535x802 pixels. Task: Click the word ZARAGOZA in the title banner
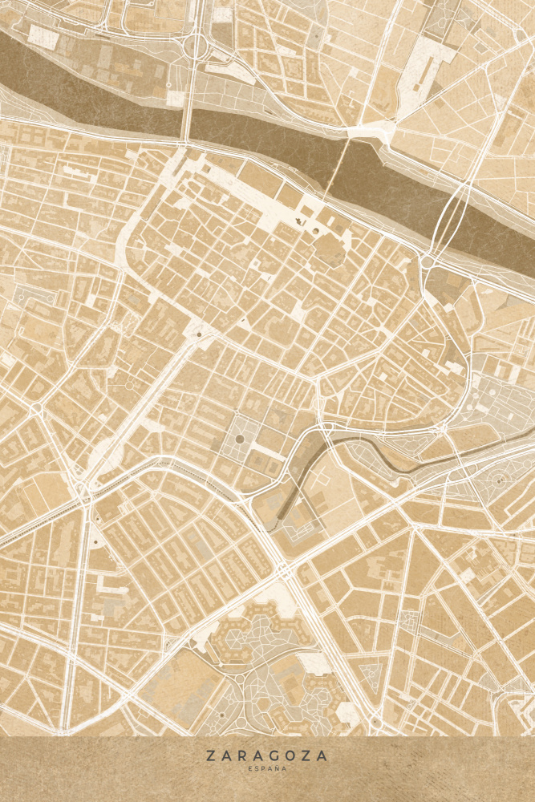266,755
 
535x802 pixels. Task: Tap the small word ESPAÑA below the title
266,768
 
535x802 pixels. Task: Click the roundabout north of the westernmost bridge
195,47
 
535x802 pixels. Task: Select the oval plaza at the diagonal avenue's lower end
104,457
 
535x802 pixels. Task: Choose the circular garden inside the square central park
238,440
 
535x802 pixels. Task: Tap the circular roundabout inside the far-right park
499,480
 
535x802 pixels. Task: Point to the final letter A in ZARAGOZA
323,755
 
